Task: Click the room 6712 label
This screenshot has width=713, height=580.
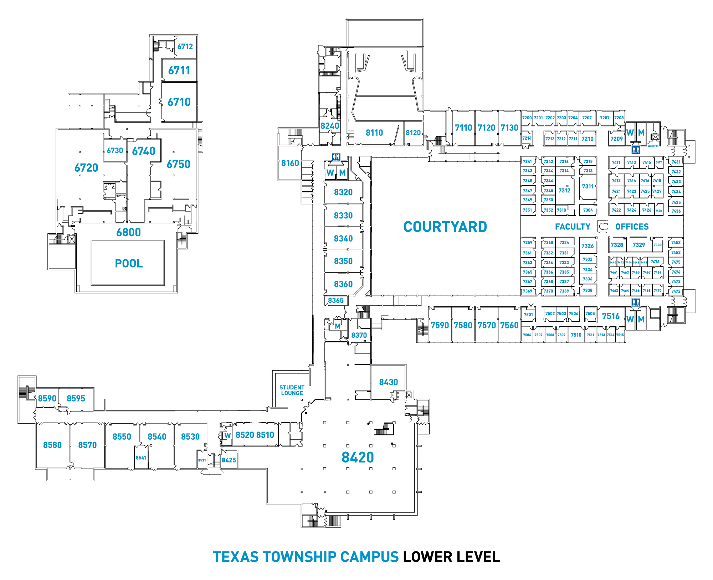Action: [185, 47]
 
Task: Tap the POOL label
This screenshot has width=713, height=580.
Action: [129, 264]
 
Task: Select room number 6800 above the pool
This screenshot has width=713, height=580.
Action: [128, 232]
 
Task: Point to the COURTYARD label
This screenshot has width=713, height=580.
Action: [445, 227]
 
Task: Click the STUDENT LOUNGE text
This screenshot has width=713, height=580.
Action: [292, 390]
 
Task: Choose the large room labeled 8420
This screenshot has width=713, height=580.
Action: [358, 457]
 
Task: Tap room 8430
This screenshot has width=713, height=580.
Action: [388, 382]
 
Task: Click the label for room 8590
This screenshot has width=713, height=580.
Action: [47, 398]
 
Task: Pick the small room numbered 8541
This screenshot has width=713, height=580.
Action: [141, 458]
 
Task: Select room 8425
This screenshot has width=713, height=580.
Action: [229, 460]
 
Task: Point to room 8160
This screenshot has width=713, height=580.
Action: [290, 163]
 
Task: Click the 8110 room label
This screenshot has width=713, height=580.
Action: [374, 133]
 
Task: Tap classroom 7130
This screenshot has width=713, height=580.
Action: [509, 128]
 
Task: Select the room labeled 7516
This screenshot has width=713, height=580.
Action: [611, 316]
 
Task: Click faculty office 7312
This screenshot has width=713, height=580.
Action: [564, 191]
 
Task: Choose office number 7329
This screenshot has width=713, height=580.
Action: [638, 245]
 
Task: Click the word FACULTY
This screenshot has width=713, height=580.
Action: [573, 227]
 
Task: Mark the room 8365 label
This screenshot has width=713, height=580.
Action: [335, 301]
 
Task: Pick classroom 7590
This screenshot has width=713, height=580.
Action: [440, 325]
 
